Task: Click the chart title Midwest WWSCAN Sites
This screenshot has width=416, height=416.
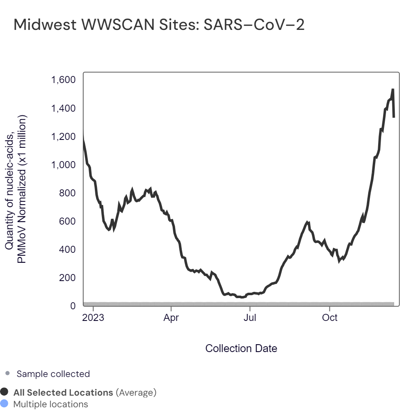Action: (159, 25)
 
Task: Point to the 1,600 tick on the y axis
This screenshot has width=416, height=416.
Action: (63, 80)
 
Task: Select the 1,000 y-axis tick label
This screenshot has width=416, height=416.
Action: (63, 165)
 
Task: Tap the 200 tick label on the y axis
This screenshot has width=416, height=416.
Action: (67, 277)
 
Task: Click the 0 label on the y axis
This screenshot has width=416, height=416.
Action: (73, 306)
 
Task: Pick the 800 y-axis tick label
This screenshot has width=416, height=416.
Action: (67, 193)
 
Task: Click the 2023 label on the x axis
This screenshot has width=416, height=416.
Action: (93, 318)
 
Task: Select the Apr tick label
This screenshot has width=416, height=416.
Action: (171, 318)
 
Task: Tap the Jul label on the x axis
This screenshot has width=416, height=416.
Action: (250, 318)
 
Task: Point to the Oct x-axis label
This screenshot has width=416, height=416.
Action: (330, 318)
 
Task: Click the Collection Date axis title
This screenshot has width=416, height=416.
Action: (241, 348)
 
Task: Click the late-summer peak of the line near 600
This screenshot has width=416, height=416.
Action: (307, 223)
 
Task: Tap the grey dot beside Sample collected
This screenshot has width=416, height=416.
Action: (7, 374)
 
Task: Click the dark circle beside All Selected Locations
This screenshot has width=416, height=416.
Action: (5, 392)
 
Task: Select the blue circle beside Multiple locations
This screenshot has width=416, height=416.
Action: (5, 404)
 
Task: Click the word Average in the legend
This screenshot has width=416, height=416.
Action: (136, 392)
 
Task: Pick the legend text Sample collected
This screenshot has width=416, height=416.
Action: (53, 374)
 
